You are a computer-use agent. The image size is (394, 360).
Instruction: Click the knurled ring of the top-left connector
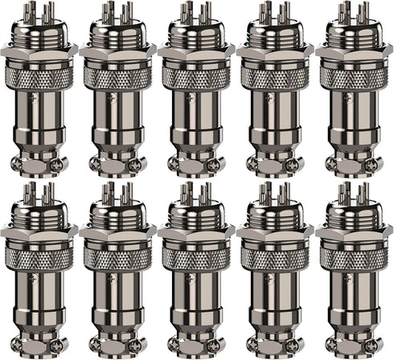coord(39,77)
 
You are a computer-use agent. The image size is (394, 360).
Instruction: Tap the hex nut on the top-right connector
coord(354,50)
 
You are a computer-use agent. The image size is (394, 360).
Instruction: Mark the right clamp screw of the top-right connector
coord(371,163)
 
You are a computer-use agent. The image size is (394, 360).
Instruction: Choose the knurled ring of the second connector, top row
coord(117,77)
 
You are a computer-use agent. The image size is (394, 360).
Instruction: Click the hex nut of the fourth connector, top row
coord(275,50)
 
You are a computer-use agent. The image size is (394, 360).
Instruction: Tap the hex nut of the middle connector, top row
coord(196,50)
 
